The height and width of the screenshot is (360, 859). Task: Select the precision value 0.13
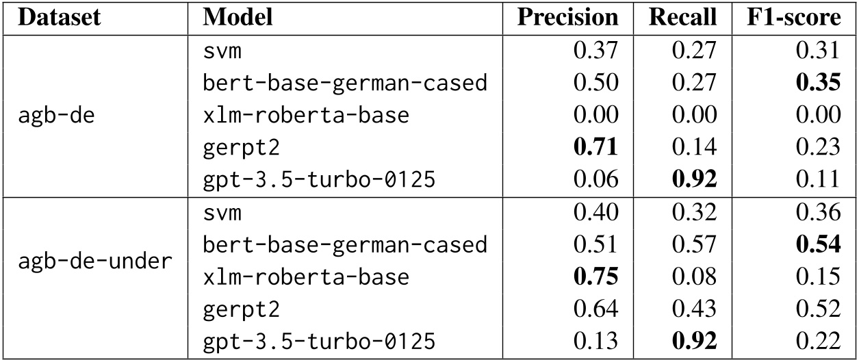click(x=597, y=342)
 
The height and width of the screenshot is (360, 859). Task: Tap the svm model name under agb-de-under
click(x=222, y=212)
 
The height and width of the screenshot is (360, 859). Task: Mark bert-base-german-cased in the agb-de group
click(x=345, y=83)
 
